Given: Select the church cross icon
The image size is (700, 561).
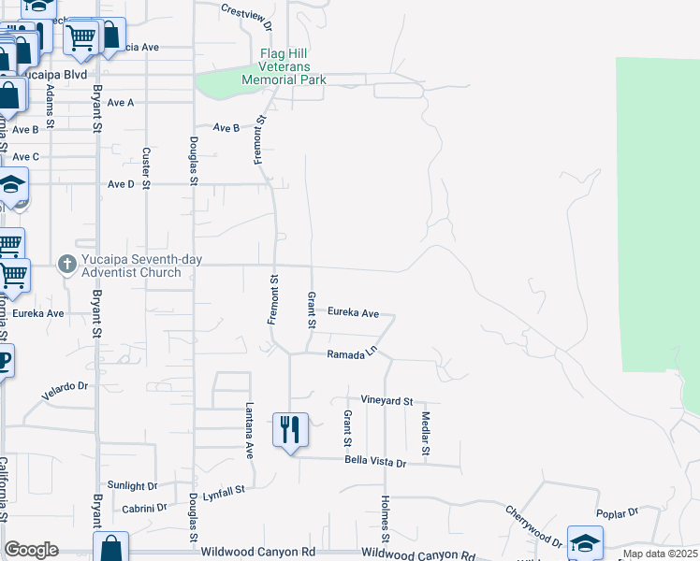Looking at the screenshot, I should tap(66, 265).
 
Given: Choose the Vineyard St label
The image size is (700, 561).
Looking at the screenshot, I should tap(386, 400).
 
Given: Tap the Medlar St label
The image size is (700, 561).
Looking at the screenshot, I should tap(425, 434).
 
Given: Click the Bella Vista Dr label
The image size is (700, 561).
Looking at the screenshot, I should tap(375, 462).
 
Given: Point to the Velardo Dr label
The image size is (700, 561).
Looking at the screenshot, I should tap(65, 391).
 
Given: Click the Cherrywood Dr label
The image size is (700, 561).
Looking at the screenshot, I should tap(532, 527).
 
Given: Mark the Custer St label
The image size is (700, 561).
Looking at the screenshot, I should tap(146, 167).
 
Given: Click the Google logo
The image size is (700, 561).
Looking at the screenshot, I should tap(31, 550).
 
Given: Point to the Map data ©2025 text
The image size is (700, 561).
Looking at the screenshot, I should tap(660, 554).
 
